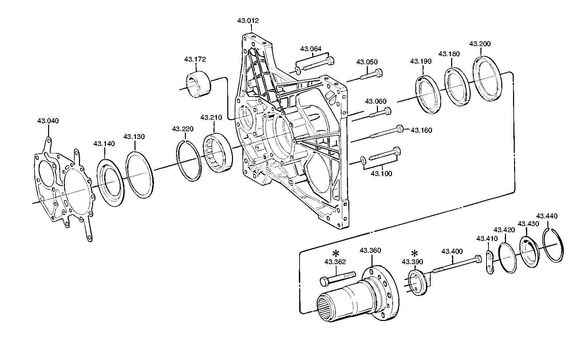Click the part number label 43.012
(x=248, y=21)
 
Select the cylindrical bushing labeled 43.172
(x=198, y=85)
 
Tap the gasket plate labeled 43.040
(x=64, y=188)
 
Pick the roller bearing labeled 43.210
(x=217, y=151)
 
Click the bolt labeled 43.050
(x=372, y=74)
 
